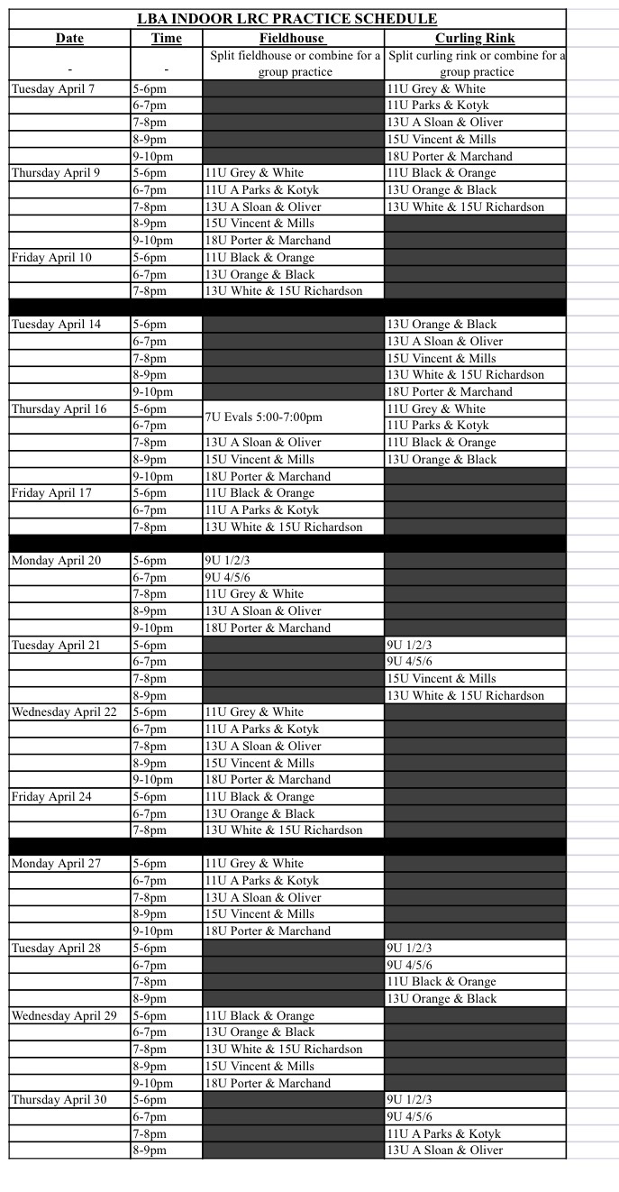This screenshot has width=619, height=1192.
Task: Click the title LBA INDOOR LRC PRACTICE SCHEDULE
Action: click(x=287, y=19)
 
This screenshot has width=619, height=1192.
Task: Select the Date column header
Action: click(x=69, y=38)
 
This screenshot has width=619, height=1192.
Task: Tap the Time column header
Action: click(x=167, y=38)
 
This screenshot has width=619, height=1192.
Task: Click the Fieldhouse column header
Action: click(x=293, y=38)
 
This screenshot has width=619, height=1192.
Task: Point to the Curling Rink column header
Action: click(x=475, y=38)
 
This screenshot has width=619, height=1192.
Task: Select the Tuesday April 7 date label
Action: click(x=52, y=89)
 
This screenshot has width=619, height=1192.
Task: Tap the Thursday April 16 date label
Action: click(x=59, y=409)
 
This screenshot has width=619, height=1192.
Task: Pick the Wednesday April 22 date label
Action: click(x=64, y=712)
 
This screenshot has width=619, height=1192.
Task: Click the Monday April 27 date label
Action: click(x=56, y=864)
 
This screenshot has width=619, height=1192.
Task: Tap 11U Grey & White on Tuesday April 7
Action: click(x=436, y=89)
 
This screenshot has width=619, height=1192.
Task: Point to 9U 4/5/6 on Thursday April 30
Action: click(x=409, y=1117)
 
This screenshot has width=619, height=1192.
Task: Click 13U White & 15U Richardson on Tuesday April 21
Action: click(x=466, y=696)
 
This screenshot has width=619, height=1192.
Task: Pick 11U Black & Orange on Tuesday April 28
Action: click(x=441, y=982)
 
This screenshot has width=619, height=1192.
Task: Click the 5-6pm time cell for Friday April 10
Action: click(x=150, y=258)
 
